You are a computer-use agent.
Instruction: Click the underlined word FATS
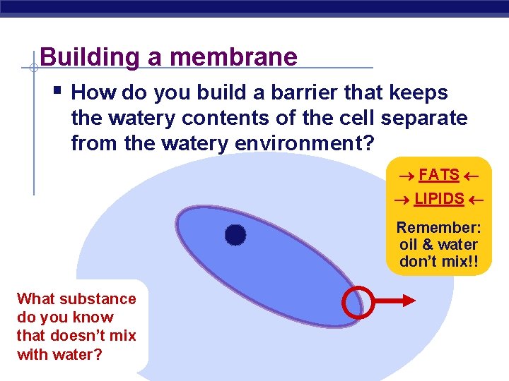pos(438,175)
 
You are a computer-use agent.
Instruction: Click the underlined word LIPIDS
pos(438,199)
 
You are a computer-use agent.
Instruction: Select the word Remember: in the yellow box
pos(438,228)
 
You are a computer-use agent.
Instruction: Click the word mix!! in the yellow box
pos(458,261)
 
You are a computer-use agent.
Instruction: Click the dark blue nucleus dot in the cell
pos(235,235)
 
